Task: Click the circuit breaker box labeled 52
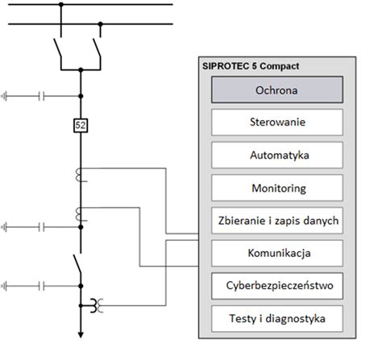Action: coord(80,125)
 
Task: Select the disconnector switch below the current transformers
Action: coord(79,265)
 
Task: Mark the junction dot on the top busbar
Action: coord(61,6)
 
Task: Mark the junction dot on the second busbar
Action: coord(99,24)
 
